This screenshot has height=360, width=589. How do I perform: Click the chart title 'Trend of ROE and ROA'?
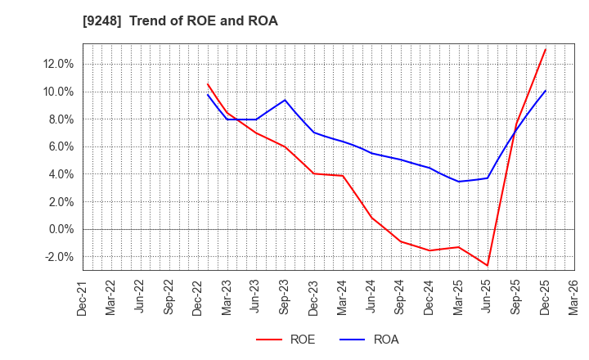203,21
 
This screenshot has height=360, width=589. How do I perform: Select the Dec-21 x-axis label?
83,296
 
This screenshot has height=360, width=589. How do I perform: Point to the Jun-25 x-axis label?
488,296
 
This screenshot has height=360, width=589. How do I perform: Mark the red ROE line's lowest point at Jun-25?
488,265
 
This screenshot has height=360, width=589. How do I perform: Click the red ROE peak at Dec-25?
545,49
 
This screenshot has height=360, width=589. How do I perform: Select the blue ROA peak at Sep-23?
285,100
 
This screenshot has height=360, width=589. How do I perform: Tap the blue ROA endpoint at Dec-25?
545,90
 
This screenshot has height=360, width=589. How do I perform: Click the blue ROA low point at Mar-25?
458,182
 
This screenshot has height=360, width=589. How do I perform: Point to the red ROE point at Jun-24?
371,218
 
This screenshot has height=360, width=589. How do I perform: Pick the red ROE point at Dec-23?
313,173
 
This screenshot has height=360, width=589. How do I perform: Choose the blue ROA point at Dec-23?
313,133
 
